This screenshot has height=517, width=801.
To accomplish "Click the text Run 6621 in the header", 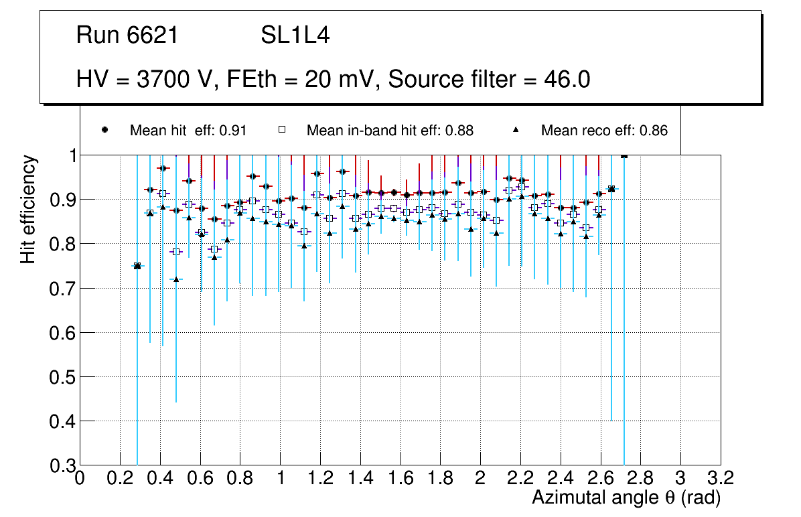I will pos(127,35).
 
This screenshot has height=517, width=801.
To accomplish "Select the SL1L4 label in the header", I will pos(295,35).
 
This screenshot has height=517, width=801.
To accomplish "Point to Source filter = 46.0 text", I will pos(489,80).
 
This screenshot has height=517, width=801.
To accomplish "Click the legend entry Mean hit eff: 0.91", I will pos(188,131).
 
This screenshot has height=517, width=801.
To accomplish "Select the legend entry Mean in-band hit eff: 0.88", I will pos(390,131).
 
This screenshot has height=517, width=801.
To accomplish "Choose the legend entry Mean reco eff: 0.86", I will pos(604,131).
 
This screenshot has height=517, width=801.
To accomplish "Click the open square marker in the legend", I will pos(283,130).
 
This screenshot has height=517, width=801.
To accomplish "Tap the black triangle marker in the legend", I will pos(516,130).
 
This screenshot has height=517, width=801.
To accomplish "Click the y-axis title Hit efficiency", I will pos(28,209).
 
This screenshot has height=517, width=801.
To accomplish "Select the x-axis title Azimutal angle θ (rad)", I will pos(626,498).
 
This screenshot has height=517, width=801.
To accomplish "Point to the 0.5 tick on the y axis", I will pos(62,377).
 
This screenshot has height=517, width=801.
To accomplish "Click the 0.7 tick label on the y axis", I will pos(62,289).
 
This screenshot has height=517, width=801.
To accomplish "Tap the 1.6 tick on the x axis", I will pos(400,478).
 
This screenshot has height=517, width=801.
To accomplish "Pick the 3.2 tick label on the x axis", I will pos(720,478).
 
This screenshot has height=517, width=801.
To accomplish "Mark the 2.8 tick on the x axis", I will pos(640,478).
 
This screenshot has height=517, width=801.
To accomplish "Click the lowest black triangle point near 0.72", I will pos(176,279).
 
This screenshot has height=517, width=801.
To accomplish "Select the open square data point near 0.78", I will pos(176,252).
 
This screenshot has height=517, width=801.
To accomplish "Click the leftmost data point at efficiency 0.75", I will pos(137,266).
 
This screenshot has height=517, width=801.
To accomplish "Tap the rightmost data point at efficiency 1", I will pos(624,155).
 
